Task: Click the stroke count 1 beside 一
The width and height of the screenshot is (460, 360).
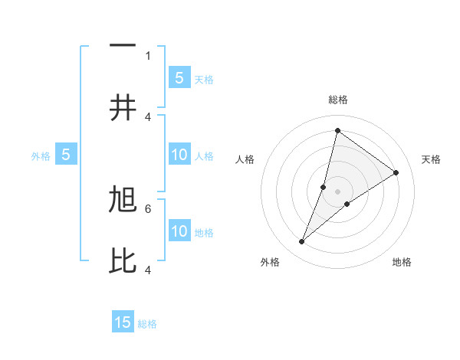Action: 148,55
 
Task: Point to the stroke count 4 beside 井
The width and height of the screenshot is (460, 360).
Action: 148,116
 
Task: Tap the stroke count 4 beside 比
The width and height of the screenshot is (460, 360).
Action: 148,270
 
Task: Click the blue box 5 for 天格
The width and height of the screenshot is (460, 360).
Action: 179,78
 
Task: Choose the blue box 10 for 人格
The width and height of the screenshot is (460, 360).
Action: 179,155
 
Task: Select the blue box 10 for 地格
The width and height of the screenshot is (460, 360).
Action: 179,231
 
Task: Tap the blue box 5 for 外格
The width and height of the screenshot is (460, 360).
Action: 66,155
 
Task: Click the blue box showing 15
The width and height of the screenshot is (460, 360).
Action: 123,322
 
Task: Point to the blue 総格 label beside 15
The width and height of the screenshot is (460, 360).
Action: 147,324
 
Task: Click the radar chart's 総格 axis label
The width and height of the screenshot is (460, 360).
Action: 338,100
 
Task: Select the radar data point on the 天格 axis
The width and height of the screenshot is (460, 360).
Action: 396,172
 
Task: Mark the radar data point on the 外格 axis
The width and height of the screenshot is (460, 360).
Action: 302,242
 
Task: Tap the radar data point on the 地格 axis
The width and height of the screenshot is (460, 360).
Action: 347,203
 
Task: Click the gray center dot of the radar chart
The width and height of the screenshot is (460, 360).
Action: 338,191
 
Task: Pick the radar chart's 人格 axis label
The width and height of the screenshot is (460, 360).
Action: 245,159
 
